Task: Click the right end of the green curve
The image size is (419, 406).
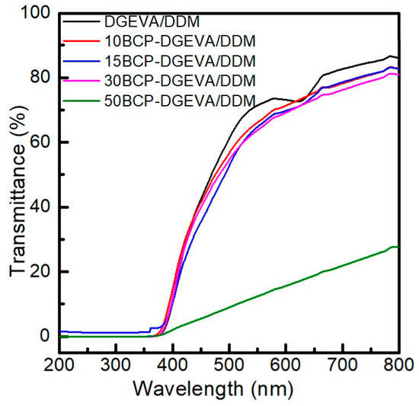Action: [x=398, y=247]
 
